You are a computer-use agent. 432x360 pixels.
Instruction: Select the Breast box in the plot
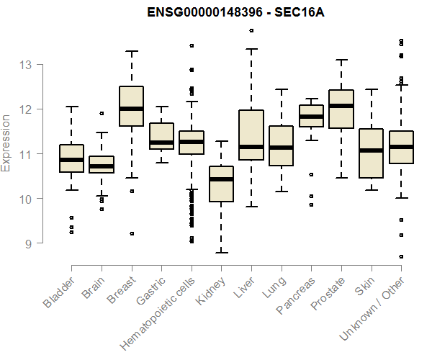click(131, 106)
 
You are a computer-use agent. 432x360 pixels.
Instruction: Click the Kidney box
click(221, 184)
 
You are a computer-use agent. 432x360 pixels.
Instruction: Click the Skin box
click(371, 153)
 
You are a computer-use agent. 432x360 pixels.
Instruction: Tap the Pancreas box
click(311, 116)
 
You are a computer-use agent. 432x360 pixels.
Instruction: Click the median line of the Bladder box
click(71, 160)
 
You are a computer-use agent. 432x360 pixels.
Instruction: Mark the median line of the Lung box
click(281, 148)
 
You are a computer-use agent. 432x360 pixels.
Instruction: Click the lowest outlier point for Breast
click(131, 233)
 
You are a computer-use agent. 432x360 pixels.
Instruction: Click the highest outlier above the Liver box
click(251, 31)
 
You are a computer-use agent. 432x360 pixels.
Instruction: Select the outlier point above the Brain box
click(101, 113)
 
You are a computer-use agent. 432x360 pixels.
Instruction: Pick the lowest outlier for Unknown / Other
click(401, 256)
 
